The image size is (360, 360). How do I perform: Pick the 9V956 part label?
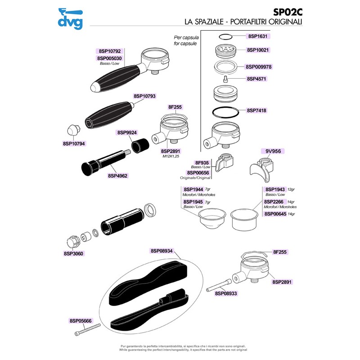pyautogui.click(x=273, y=152)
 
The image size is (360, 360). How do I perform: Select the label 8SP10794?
pyautogui.click(x=74, y=144)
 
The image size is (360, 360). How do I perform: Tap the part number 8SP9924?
pyautogui.click(x=127, y=133)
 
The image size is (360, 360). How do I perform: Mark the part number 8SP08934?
pyautogui.click(x=165, y=251)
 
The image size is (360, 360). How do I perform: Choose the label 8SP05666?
pyautogui.click(x=81, y=321)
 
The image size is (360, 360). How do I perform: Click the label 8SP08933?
pyautogui.click(x=226, y=293)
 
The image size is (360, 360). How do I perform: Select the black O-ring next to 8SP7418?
pyautogui.click(x=225, y=111)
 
